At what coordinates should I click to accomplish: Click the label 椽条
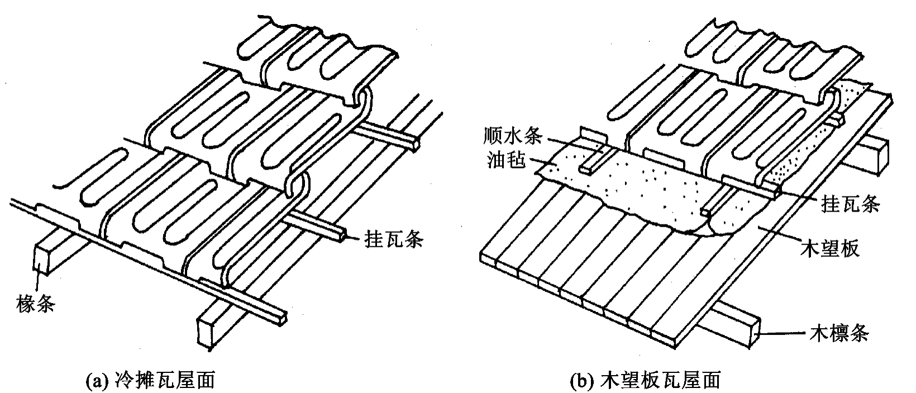(x=36, y=304)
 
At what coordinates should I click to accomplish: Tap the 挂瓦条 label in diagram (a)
(x=393, y=239)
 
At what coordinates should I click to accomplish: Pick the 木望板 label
(x=830, y=248)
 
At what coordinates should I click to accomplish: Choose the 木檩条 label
(x=839, y=334)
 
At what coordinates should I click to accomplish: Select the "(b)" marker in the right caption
(x=583, y=381)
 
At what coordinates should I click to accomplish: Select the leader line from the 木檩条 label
(x=784, y=334)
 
